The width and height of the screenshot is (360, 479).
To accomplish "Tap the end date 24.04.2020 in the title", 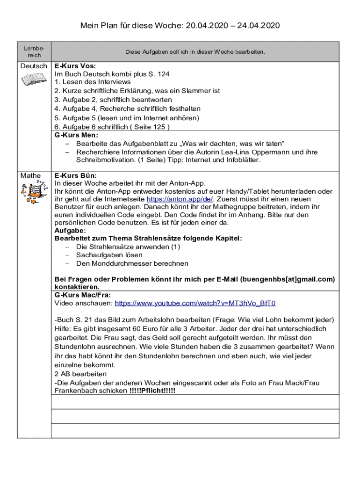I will point(258,25).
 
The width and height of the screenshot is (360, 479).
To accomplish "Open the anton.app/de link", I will point(180,198).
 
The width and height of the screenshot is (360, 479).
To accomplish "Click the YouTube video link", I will point(195,303).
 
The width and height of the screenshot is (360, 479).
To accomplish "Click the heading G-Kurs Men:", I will point(77,135).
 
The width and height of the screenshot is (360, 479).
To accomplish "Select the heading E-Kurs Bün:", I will point(76,175).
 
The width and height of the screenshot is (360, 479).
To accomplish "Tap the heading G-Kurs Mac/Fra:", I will point(83,295).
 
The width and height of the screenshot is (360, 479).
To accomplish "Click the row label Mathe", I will point(30,176).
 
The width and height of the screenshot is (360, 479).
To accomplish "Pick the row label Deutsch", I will point(34,66).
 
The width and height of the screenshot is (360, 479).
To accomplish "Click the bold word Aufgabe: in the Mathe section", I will point(70,231).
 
